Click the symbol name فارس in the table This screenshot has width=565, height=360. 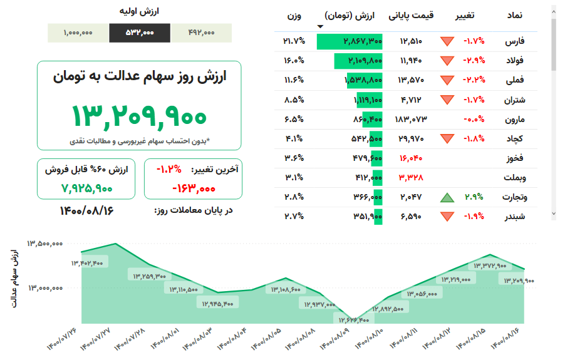pyautogui.click(x=516, y=41)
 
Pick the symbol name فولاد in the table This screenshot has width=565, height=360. pyautogui.click(x=514, y=61)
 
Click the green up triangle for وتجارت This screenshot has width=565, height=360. pyautogui.click(x=447, y=197)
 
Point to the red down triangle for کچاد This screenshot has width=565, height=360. pyautogui.click(x=447, y=139)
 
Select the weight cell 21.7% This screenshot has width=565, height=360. pyautogui.click(x=294, y=41)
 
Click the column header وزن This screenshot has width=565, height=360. pyautogui.click(x=294, y=15)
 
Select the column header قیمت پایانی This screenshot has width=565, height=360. pyautogui.click(x=411, y=15)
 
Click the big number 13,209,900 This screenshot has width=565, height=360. pyautogui.click(x=138, y=116)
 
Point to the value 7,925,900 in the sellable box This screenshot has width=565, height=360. pyautogui.click(x=87, y=187)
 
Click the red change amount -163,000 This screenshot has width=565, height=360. pyautogui.click(x=193, y=187)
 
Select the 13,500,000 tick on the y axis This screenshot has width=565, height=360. pyautogui.click(x=44, y=244)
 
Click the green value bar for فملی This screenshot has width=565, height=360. pyautogui.click(x=363, y=80)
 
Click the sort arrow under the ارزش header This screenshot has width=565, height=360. pyautogui.click(x=321, y=26)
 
